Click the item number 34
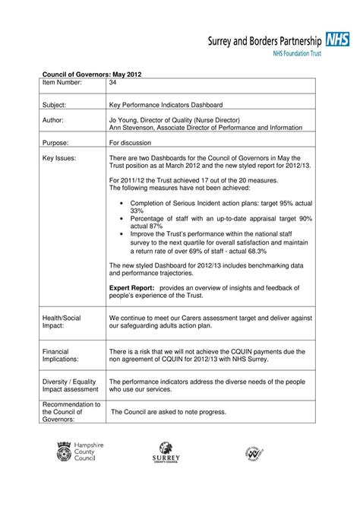click(114, 82)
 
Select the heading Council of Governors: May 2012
click(91, 73)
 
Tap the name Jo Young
click(128, 119)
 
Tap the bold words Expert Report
click(132, 288)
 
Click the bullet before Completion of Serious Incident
click(122, 203)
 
